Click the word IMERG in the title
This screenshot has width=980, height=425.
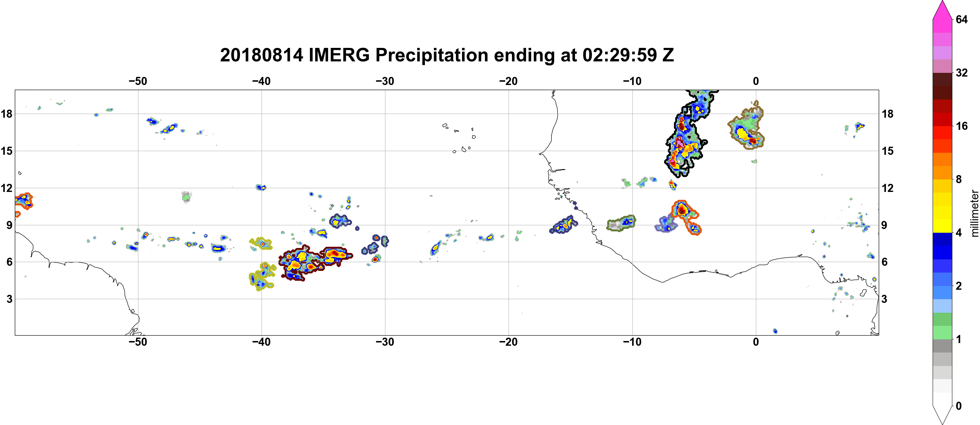click(x=339, y=55)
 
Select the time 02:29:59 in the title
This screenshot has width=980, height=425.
click(x=620, y=55)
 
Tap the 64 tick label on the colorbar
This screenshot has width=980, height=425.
click(x=961, y=19)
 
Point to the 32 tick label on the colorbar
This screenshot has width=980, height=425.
click(x=961, y=73)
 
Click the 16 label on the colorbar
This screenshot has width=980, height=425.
click(x=961, y=126)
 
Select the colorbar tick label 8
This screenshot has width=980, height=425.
click(x=958, y=179)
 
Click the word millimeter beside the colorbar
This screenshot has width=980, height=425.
click(x=974, y=213)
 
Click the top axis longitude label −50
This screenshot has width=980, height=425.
click(x=138, y=81)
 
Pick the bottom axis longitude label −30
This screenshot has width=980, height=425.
click(x=385, y=342)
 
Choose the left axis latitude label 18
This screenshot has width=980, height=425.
click(x=6, y=114)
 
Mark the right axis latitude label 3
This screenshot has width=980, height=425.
click(x=884, y=299)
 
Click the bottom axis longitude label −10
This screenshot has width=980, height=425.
click(x=632, y=342)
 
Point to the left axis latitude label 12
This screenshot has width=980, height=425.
click(x=6, y=188)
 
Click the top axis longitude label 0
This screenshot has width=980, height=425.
click(x=756, y=81)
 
